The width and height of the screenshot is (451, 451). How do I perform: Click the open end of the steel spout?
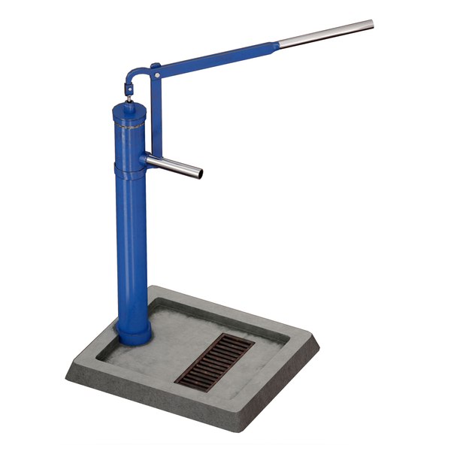(199, 173)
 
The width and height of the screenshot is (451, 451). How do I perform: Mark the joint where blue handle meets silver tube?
(280, 44)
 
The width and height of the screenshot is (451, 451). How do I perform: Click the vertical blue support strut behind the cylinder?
(154, 113)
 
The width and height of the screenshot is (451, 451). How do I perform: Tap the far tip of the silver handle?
(371, 25)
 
